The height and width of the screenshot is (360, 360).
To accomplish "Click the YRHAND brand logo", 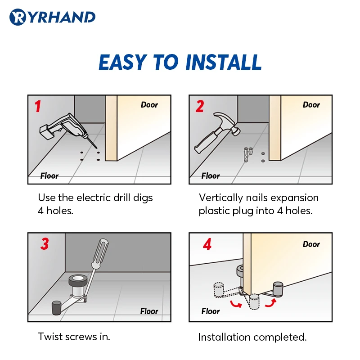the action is tap(52, 17).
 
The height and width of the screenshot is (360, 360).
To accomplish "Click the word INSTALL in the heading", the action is tap(223, 62).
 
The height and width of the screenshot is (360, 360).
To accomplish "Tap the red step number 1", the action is tap(38, 106).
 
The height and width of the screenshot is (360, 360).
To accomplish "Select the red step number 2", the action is tap(199, 106).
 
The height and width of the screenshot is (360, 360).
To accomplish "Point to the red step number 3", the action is tap(45, 243).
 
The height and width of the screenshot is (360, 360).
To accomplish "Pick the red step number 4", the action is tap(207, 244).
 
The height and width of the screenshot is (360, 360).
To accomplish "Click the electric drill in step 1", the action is tap(67, 129).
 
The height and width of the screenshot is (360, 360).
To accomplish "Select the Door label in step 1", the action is tap(149, 105).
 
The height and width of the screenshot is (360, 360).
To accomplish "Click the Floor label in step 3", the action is tap(149, 311).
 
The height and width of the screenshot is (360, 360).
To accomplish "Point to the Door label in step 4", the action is tap(311, 244).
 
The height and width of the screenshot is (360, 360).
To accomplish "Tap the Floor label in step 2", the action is tap(210, 175).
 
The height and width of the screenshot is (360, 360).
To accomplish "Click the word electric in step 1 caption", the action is tap(94, 198).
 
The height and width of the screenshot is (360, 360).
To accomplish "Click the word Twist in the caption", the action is tap(50, 337).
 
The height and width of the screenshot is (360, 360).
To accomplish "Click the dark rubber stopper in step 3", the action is tap(57, 308).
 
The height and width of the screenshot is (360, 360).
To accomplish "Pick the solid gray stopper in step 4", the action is tap(278, 290).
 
